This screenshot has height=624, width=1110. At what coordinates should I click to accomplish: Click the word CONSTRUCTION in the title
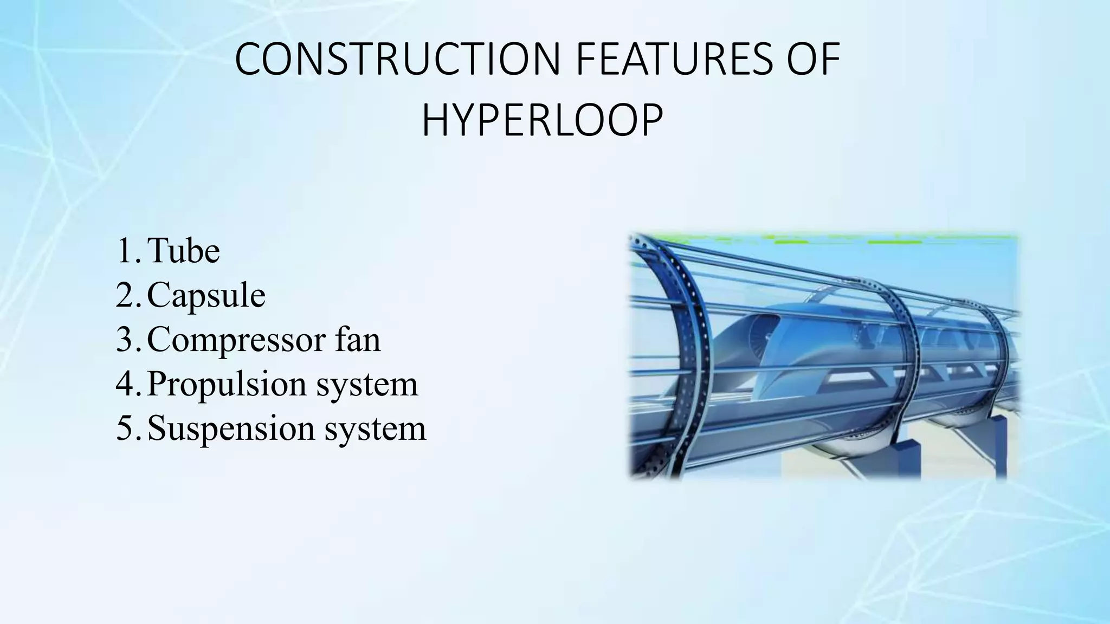click(397, 59)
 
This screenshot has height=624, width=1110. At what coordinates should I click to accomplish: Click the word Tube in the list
click(183, 251)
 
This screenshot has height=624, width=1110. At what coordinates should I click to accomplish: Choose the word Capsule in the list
click(206, 296)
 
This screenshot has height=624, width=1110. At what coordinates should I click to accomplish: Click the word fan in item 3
click(358, 339)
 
